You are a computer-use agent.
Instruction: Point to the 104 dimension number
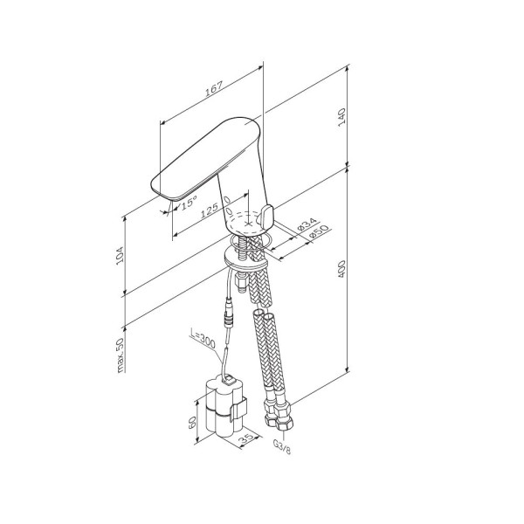120,255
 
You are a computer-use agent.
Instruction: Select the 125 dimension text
209,212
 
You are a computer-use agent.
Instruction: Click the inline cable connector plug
230,317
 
